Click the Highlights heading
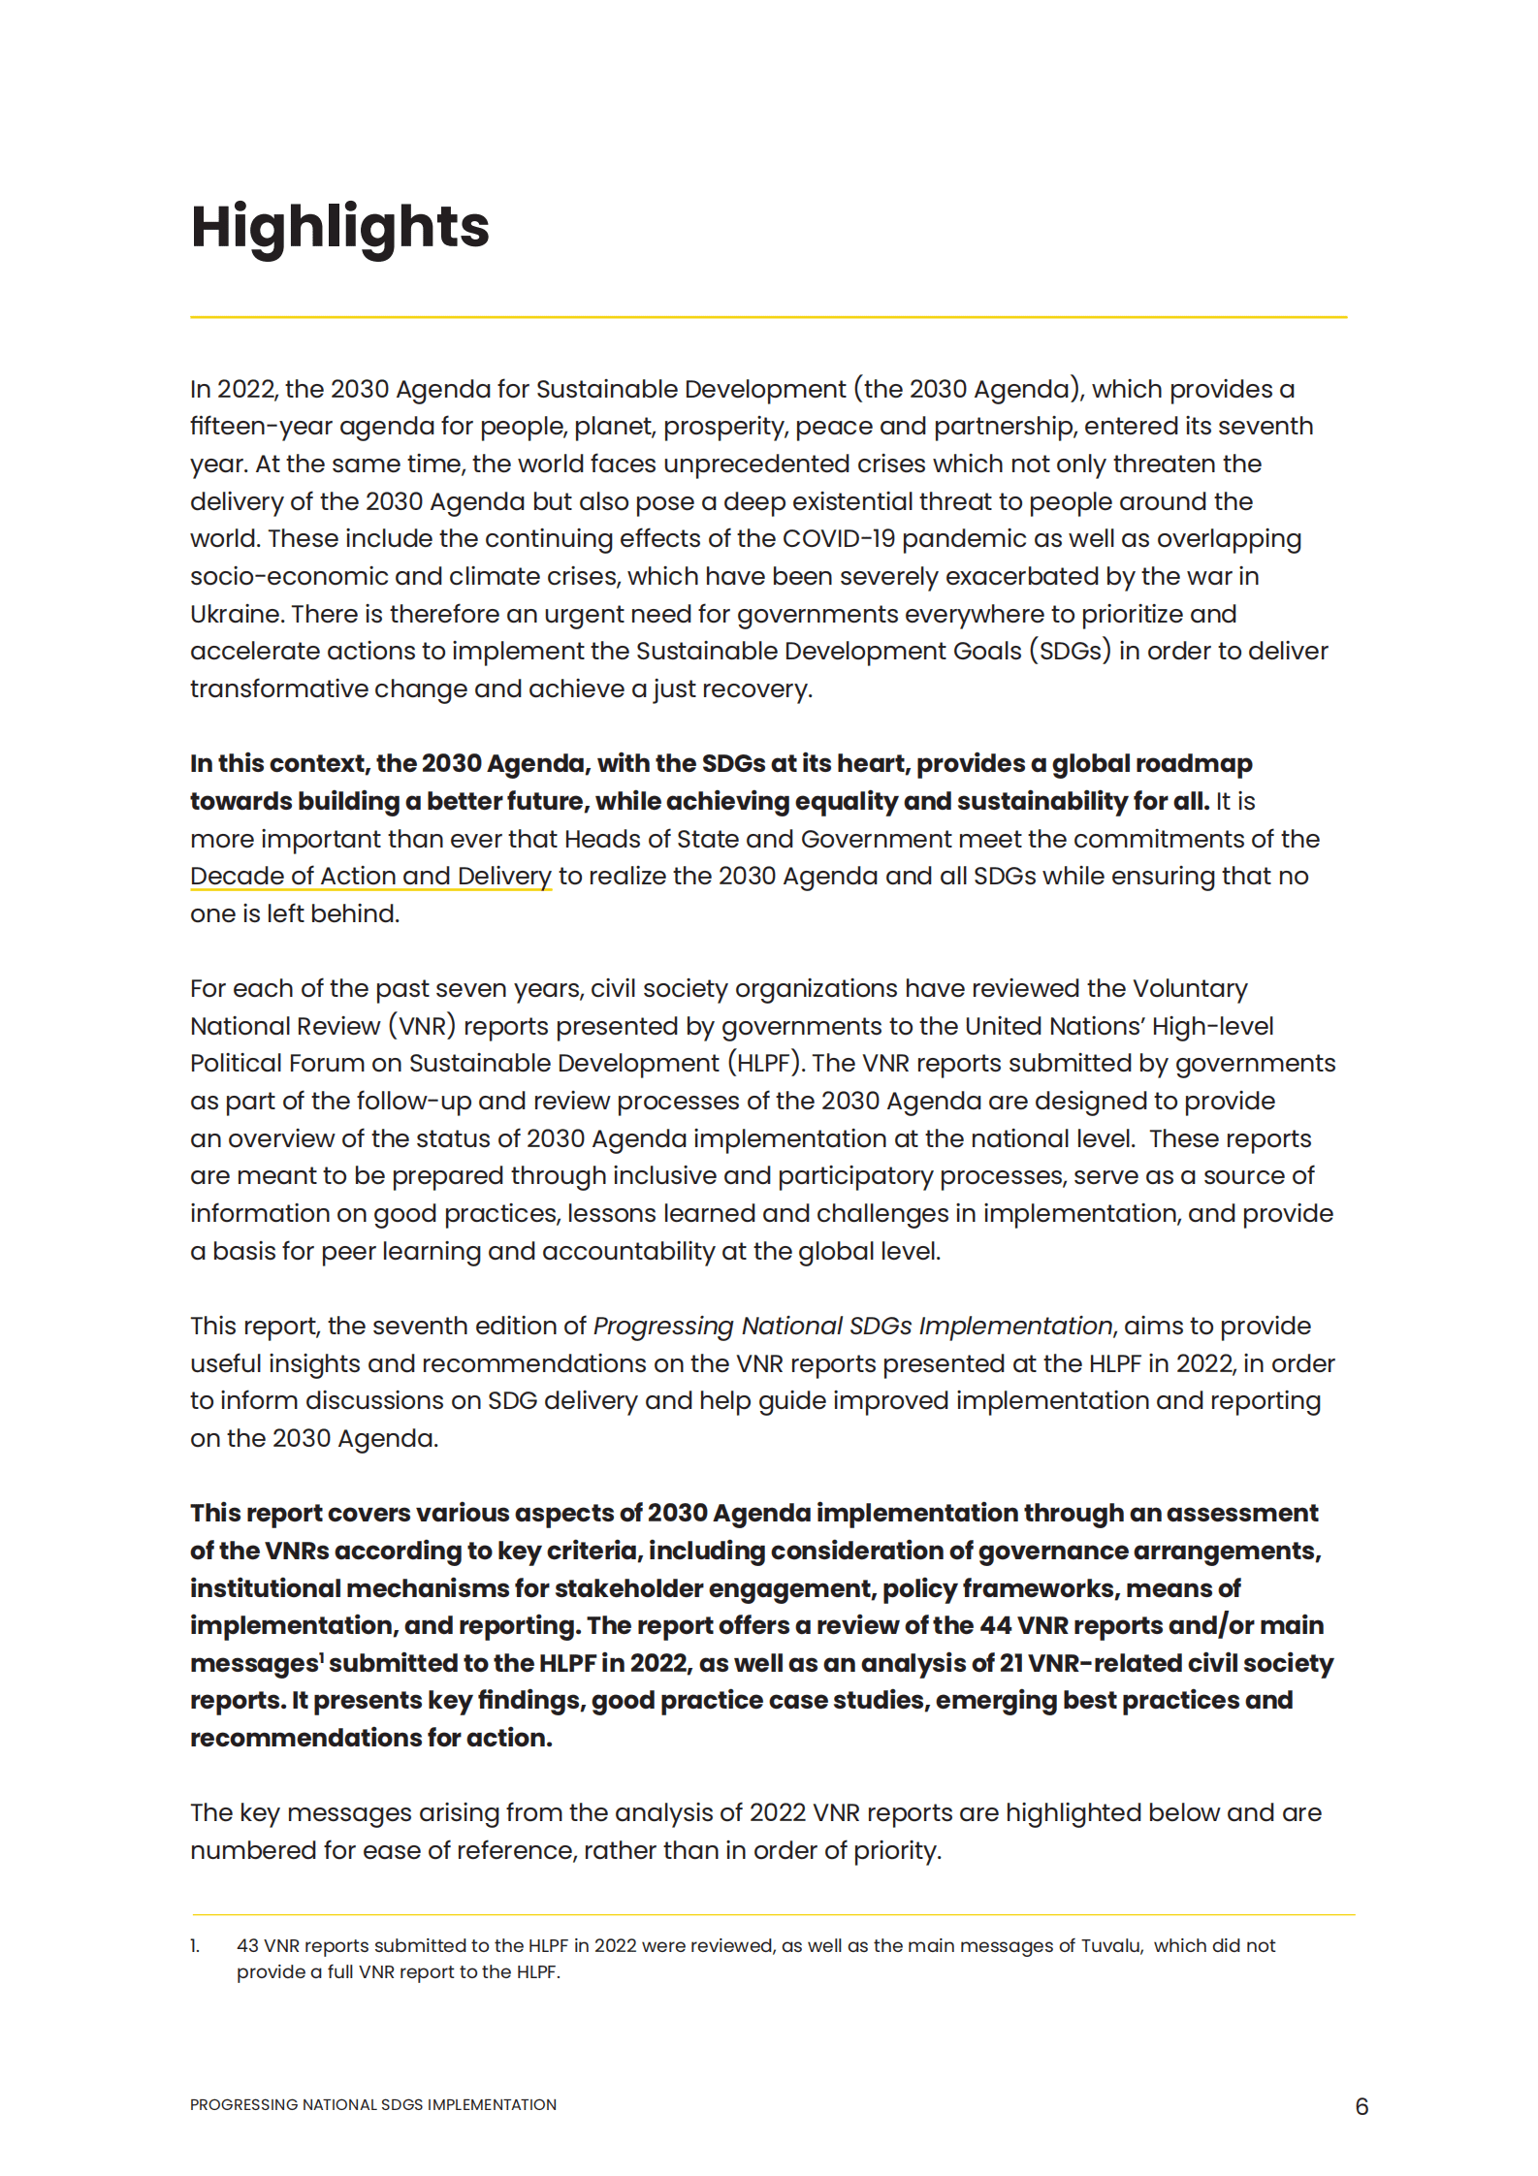339,228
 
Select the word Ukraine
234,615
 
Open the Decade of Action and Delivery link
370,877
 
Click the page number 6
1362,2106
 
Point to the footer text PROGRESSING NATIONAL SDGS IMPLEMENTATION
373,2105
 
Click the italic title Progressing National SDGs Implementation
852,1326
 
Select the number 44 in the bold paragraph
995,1625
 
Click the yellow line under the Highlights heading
768,317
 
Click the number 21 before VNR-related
1011,1663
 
